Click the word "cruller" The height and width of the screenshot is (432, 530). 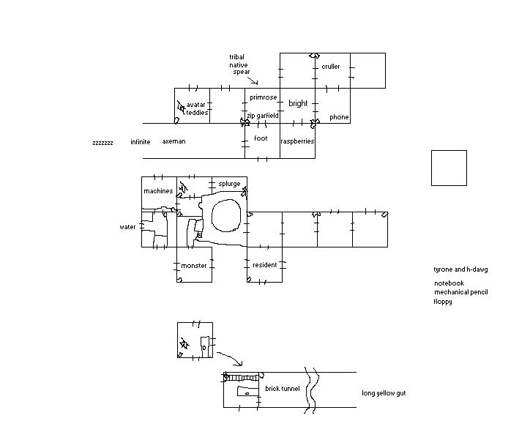click(331, 67)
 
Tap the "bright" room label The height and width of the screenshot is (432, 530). click(298, 103)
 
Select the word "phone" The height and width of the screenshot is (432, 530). click(339, 117)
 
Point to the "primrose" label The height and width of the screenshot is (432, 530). click(264, 97)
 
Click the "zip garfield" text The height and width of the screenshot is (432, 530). click(263, 116)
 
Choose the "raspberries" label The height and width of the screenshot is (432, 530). click(297, 141)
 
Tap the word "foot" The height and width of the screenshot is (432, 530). click(261, 138)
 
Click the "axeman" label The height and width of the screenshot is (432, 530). click(173, 141)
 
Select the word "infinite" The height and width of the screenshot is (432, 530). click(141, 141)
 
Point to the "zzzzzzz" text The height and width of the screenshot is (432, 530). click(102, 143)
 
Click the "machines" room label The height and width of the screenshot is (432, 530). click(158, 191)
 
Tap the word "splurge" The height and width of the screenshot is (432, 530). click(229, 184)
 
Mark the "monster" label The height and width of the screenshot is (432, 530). click(194, 266)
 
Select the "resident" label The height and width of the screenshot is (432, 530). click(265, 265)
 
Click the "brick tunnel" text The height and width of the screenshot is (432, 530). click(283, 389)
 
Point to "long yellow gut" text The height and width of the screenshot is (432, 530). click(384, 393)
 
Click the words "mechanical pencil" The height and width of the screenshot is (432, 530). click(461, 292)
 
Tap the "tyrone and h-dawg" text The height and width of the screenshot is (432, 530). click(460, 269)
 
